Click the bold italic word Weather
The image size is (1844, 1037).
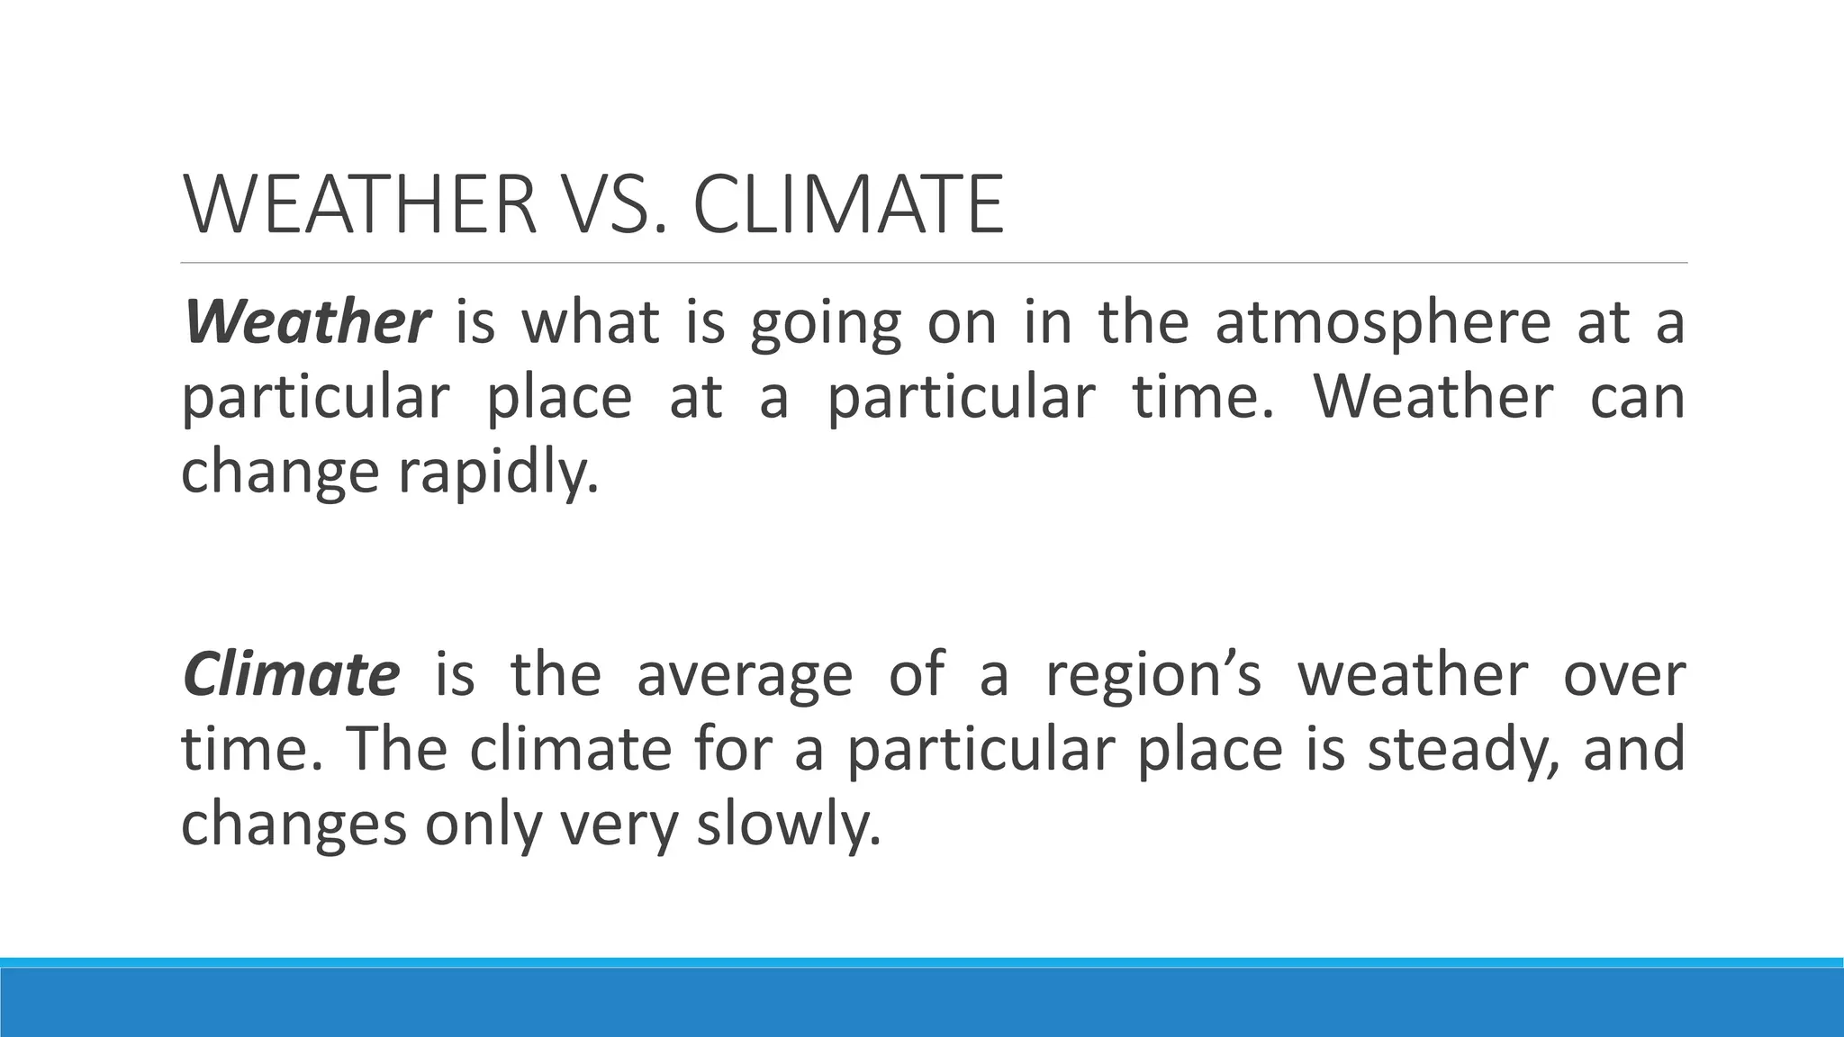[x=307, y=322]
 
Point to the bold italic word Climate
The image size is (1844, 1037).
[x=290, y=674]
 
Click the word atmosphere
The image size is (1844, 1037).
[x=1383, y=322]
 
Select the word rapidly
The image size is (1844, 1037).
[x=498, y=473]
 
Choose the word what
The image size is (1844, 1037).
[x=591, y=322]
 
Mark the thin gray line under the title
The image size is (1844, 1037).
[x=934, y=263]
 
